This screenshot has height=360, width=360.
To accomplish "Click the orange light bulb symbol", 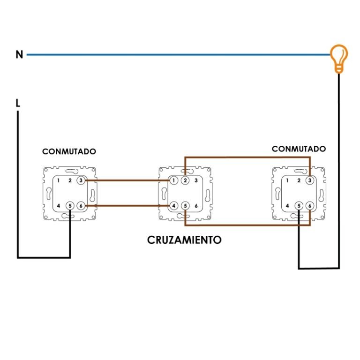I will click(338, 57).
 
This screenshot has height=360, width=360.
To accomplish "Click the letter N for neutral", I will click(19, 55).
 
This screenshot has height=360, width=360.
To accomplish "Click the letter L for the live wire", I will click(18, 103).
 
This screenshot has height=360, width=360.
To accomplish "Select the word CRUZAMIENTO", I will click(184, 240).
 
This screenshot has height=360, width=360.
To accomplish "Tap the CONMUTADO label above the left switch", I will click(69, 152).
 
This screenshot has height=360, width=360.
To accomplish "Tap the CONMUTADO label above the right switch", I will click(299, 149).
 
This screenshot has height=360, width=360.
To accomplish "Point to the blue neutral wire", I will click(178, 55).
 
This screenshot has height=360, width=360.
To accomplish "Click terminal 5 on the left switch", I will click(70, 205).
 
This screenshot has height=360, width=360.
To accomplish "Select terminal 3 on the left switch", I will click(81, 180).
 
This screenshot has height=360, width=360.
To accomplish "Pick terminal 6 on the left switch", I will click(81, 205).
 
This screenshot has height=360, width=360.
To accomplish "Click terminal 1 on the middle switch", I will click(174, 180).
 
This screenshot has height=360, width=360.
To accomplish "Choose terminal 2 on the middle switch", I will click(185, 180).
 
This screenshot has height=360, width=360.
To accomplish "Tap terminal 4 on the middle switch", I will click(174, 205).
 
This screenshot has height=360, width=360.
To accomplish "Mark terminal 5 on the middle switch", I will click(185, 205).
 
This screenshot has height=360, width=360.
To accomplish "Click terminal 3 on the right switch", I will click(309, 180).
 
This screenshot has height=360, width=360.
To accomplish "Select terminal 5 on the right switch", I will click(299, 205).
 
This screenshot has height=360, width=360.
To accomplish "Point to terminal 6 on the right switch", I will click(309, 205).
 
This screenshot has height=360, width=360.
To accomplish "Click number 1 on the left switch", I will click(59, 180).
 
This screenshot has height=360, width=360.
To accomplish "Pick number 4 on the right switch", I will click(287, 205).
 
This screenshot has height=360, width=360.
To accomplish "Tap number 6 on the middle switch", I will click(196, 205).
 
